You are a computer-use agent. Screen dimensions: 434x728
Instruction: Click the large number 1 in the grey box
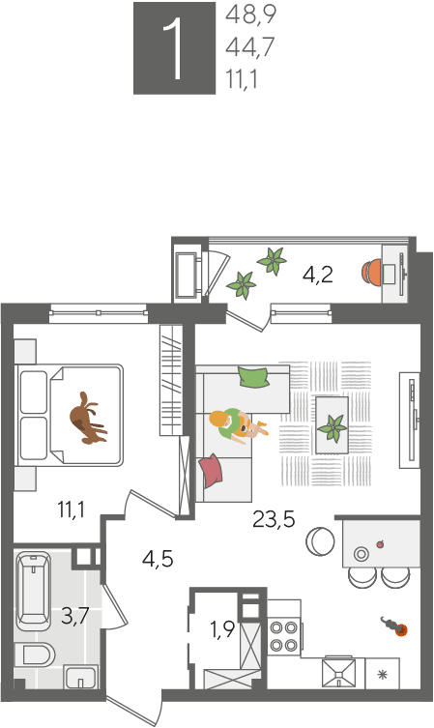coord(176,49)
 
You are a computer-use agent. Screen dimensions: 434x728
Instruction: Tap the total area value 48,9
coord(251,15)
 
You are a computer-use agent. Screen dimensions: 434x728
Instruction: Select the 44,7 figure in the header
coord(250,47)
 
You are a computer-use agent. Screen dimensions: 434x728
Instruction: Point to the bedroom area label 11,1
coord(71,510)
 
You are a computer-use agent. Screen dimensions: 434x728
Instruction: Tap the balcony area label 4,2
coord(318,275)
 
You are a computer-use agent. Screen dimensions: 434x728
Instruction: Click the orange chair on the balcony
coord(371,272)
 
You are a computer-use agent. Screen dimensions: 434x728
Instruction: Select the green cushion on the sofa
coord(253,376)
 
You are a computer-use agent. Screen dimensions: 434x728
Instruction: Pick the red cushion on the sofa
coord(210,470)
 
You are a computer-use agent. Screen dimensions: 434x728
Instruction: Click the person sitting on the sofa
coord(237,425)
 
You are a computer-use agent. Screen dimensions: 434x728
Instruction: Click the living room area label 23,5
coord(274,519)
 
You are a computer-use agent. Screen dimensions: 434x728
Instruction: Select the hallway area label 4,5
coord(158,559)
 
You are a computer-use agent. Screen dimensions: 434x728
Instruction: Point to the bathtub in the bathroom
coord(33,590)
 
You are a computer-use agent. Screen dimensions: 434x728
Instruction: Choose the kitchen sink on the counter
coord(339,672)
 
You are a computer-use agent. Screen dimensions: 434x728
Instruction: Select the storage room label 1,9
coord(221,630)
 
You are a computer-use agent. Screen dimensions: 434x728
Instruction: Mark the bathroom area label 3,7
coord(75,617)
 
